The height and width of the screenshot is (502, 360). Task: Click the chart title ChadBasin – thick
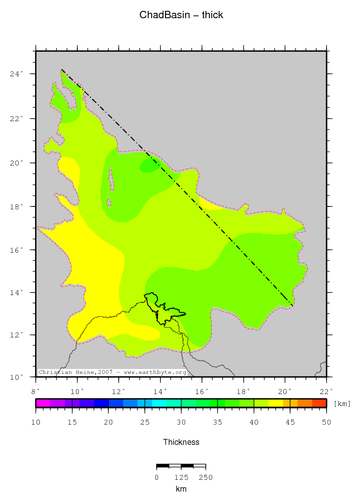tap(181, 15)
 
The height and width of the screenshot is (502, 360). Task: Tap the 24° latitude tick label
tap(18, 74)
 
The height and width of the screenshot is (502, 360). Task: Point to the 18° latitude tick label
tap(18, 206)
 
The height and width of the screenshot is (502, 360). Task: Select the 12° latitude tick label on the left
tap(18, 335)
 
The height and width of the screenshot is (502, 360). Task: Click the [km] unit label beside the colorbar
tap(342, 404)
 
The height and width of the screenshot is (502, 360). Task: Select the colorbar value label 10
tap(35, 422)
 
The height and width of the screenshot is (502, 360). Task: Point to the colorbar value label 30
tap(181, 422)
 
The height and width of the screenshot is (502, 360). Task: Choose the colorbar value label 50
tap(326, 422)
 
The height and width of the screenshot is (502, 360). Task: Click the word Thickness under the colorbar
tap(181, 442)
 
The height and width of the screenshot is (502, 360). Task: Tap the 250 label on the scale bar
tap(205, 477)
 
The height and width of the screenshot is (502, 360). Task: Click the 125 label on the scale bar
tap(181, 477)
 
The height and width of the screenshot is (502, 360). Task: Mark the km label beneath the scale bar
tap(181, 489)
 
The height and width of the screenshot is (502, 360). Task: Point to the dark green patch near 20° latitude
tap(149, 167)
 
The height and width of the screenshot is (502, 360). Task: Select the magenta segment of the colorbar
tap(43, 403)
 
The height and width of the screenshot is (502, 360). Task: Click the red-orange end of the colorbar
tap(319, 403)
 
